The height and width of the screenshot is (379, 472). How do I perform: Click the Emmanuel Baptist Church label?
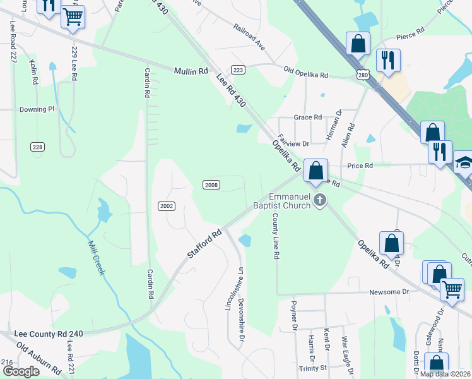click(290, 201)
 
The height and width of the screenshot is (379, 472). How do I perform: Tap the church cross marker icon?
click(320, 201)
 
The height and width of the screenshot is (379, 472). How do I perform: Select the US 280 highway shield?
click(362, 75)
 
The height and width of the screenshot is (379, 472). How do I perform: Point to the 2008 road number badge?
click(211, 184)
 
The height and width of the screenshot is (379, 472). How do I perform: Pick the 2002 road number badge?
click(166, 206)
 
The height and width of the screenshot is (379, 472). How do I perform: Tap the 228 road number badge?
click(38, 147)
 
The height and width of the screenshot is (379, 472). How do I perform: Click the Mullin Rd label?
click(191, 71)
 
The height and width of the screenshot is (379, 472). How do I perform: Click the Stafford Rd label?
click(205, 243)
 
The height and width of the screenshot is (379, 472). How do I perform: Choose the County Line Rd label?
click(276, 236)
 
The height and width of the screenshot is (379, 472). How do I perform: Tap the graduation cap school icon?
click(463, 164)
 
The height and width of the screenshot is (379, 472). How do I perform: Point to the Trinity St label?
click(313, 368)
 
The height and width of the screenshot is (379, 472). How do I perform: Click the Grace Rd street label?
click(309, 117)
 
